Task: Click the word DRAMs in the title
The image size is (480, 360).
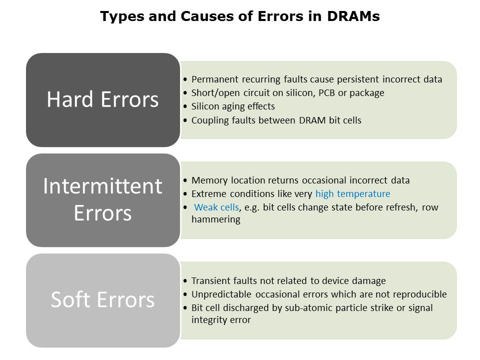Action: click(x=353, y=16)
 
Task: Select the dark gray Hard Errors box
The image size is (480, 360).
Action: click(x=103, y=100)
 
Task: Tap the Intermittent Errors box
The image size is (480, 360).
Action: click(x=103, y=200)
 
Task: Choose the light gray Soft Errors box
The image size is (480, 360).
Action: click(x=103, y=300)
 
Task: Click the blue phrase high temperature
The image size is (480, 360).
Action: click(x=352, y=194)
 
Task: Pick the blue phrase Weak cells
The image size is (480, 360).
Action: click(x=216, y=207)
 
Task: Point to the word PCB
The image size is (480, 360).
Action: click(x=326, y=93)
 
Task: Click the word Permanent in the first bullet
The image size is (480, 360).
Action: click(x=215, y=79)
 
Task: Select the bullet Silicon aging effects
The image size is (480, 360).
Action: click(x=233, y=106)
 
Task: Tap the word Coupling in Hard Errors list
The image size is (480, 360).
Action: click(x=210, y=120)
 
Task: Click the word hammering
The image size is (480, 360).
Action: click(x=216, y=219)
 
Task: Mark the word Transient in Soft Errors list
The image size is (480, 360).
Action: click(x=211, y=280)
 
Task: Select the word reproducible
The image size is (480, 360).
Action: click(x=420, y=294)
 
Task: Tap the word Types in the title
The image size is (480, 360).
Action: click(x=122, y=16)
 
